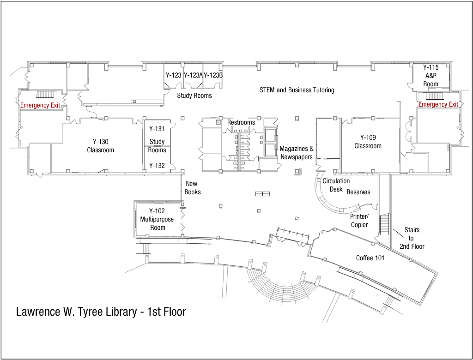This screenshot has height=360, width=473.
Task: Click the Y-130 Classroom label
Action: tap(100, 146)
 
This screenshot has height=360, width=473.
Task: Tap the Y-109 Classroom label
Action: tap(368, 141)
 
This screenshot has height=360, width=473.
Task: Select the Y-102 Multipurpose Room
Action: tap(157, 219)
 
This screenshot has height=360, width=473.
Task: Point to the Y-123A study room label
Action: tap(193, 75)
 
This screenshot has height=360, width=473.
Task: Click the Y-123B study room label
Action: tap(213, 75)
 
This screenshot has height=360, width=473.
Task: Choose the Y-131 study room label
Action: tap(157, 129)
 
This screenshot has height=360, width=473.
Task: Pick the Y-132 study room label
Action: tap(157, 165)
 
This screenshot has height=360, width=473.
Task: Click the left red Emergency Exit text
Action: tap(40, 105)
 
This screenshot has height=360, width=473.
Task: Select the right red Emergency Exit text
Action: tap(438, 104)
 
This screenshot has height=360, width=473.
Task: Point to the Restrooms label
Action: tap(241, 122)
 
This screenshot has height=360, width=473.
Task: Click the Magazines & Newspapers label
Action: tap(297, 153)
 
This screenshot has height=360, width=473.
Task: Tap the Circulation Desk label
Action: tap(336, 185)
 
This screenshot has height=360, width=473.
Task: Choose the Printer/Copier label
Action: tap(359, 220)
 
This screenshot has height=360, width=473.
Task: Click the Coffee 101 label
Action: tap(370, 258)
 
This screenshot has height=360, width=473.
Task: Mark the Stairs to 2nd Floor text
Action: tap(412, 238)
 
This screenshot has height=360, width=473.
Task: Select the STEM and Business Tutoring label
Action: tap(297, 90)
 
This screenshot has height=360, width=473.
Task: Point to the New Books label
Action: tap(192, 188)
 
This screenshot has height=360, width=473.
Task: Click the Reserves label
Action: tap(358, 192)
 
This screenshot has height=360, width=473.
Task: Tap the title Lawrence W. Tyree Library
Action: tap(101, 312)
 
